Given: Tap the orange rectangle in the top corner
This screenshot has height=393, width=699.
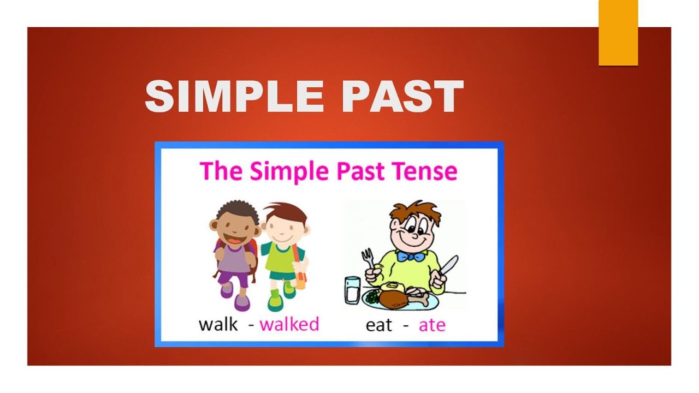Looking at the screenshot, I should tap(618, 33).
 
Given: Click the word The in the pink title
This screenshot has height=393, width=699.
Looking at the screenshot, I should tap(222, 171).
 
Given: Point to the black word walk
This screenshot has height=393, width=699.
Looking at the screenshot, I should tap(218, 324).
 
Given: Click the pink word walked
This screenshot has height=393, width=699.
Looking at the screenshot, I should tap(289, 324).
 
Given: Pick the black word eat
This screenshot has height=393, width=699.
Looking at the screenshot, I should tap(380, 325).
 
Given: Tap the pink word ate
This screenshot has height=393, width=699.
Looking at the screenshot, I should tap(432, 325).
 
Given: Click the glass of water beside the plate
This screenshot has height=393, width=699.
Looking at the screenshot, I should tap(353, 290).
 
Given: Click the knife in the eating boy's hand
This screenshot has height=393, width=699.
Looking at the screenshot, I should tap(448, 266).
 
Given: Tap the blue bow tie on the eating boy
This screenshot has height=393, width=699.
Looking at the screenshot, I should tap(410, 256).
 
